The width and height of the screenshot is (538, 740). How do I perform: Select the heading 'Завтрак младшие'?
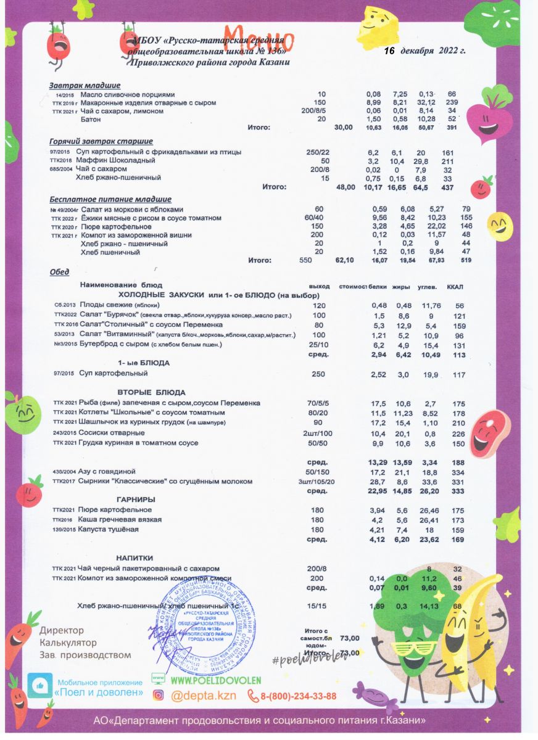pyautogui.click(x=85, y=85)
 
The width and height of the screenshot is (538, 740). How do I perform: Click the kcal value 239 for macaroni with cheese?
pyautogui.click(x=452, y=102)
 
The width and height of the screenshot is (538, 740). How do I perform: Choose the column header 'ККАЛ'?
pyautogui.click(x=454, y=286)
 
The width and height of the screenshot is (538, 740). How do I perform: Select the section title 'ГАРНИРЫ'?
pyautogui.click(x=136, y=498)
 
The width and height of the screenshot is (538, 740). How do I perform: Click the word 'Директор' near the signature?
pyautogui.click(x=62, y=631)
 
